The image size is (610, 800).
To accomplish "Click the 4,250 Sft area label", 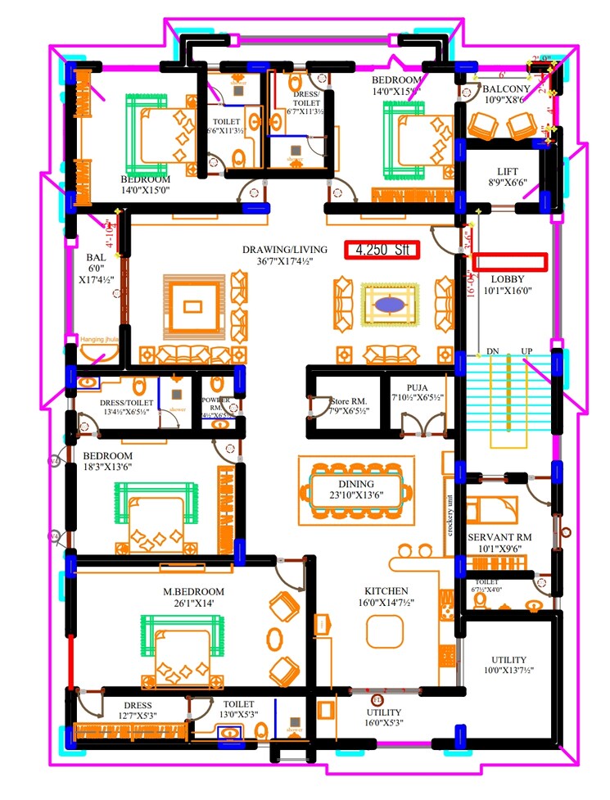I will click(382, 250).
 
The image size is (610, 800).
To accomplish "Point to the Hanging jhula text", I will click(100, 337).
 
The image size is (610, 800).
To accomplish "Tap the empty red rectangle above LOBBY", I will click(509, 261).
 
